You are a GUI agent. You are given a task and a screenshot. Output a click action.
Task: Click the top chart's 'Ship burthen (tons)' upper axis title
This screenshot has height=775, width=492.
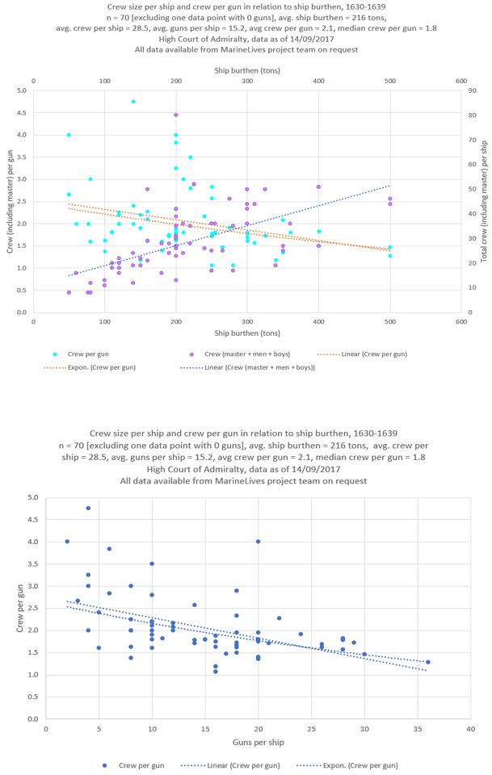pyautogui.click(x=246, y=70)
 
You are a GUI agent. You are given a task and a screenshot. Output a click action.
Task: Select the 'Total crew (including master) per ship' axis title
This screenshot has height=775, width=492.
pyautogui.click(x=482, y=201)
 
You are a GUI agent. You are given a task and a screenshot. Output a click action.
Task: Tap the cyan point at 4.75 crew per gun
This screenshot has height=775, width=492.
pyautogui.click(x=133, y=102)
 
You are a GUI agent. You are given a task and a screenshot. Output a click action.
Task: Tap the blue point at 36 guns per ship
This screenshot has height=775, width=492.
pyautogui.click(x=427, y=662)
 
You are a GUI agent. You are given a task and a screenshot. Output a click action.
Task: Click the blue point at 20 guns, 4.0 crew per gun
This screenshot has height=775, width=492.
pyautogui.click(x=259, y=542)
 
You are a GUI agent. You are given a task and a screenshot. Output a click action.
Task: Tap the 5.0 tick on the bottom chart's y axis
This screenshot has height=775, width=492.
pyautogui.click(x=32, y=497)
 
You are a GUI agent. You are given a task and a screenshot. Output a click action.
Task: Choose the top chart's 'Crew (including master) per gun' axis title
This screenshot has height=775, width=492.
pyautogui.click(x=11, y=201)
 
